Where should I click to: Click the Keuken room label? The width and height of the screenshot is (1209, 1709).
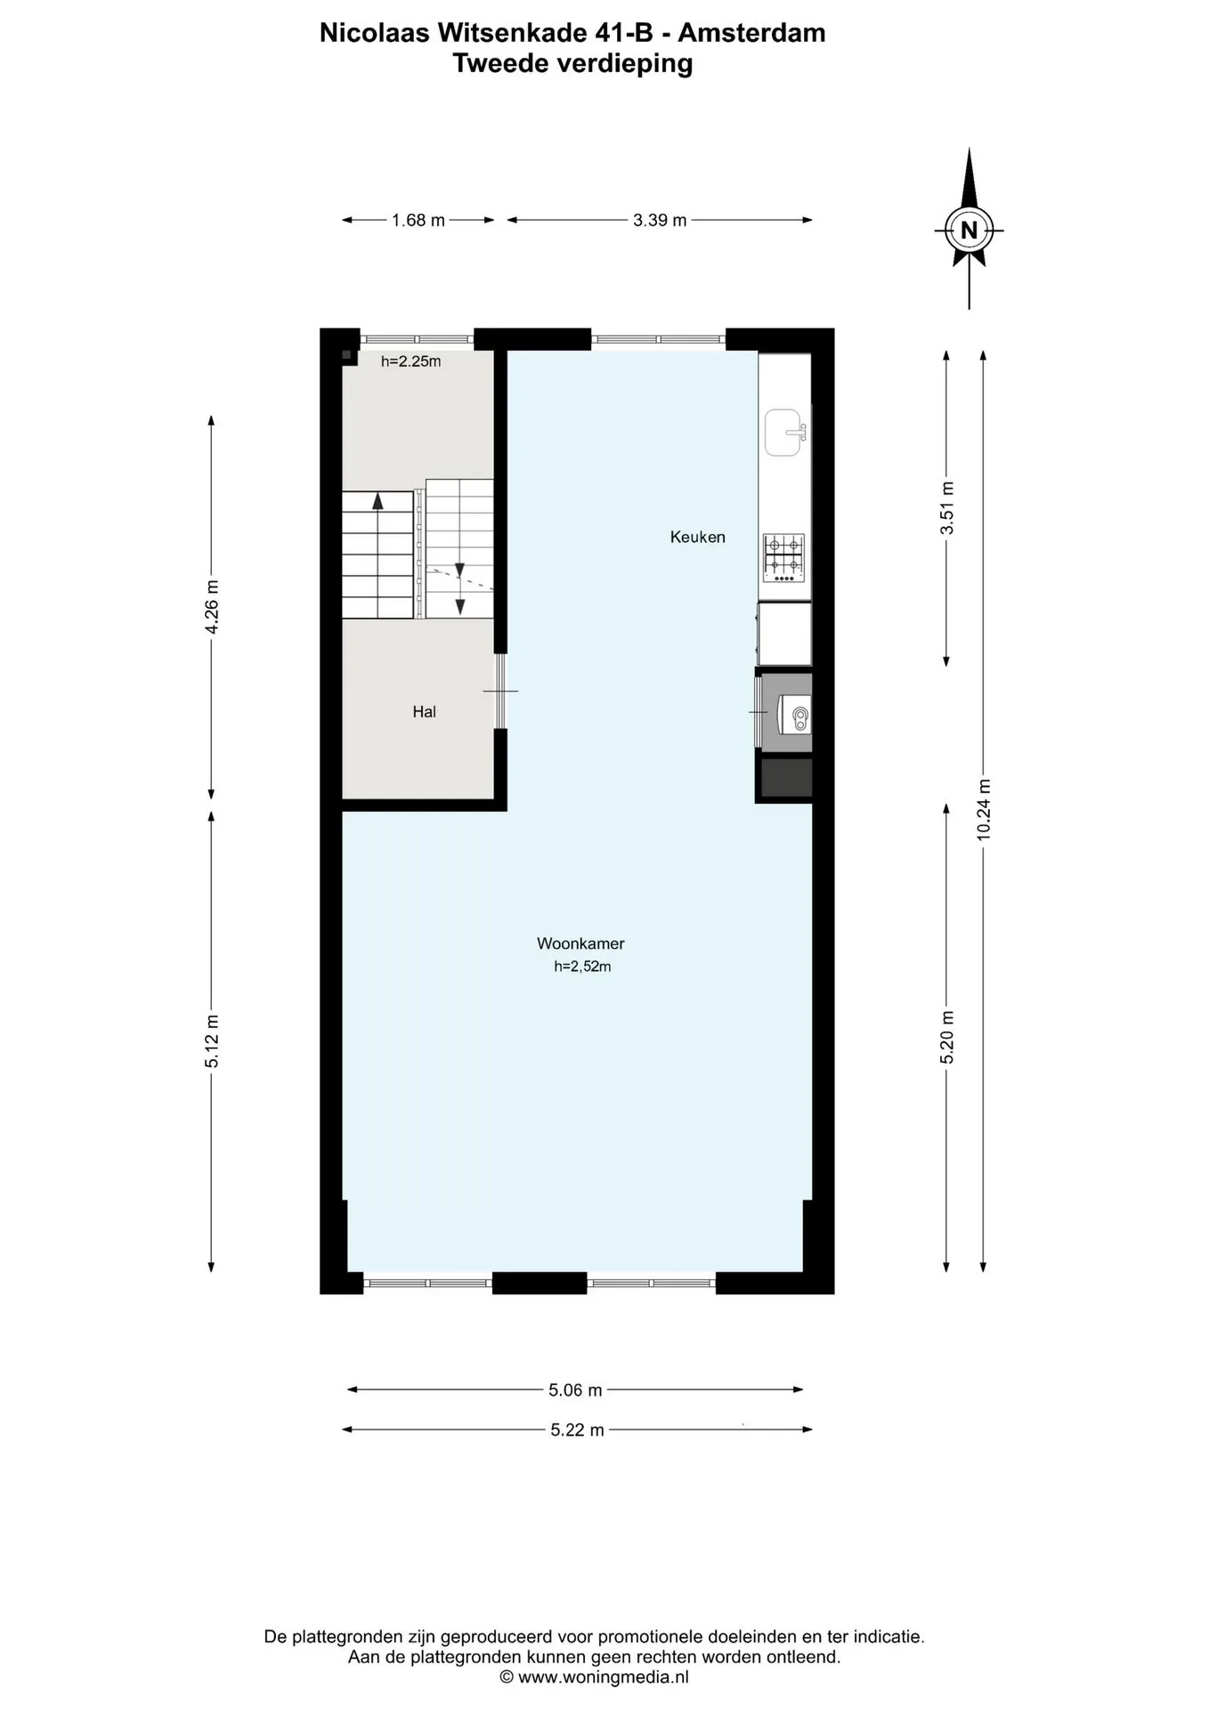[x=697, y=537]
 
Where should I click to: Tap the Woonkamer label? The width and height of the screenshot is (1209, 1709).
[x=580, y=944]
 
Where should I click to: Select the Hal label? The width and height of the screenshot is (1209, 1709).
[x=424, y=711]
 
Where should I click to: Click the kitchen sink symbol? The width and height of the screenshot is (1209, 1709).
[x=784, y=433]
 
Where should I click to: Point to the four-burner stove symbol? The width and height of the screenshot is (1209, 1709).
[x=783, y=558]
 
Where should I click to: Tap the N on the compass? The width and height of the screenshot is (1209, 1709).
[x=969, y=231]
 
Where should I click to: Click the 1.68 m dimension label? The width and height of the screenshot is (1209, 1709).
[x=418, y=220]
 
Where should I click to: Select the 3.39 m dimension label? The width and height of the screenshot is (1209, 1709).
[x=660, y=220]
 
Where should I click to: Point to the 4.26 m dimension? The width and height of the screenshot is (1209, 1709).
[x=212, y=607]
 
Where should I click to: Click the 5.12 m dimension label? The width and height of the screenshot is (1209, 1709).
[x=212, y=1041]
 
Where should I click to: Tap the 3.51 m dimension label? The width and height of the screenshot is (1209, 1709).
[x=947, y=508]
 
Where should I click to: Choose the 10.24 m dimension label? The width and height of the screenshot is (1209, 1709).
[x=984, y=809]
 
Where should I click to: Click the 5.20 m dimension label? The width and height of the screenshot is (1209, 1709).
[x=947, y=1037]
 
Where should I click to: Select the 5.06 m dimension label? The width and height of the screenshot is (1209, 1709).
[x=575, y=1389]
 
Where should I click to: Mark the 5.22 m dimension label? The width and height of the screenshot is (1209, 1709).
[x=577, y=1430]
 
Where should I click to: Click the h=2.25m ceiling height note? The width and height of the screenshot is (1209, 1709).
[x=410, y=361]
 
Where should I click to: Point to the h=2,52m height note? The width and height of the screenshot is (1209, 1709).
[x=582, y=967]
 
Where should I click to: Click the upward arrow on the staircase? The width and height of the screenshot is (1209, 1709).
[x=377, y=501]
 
